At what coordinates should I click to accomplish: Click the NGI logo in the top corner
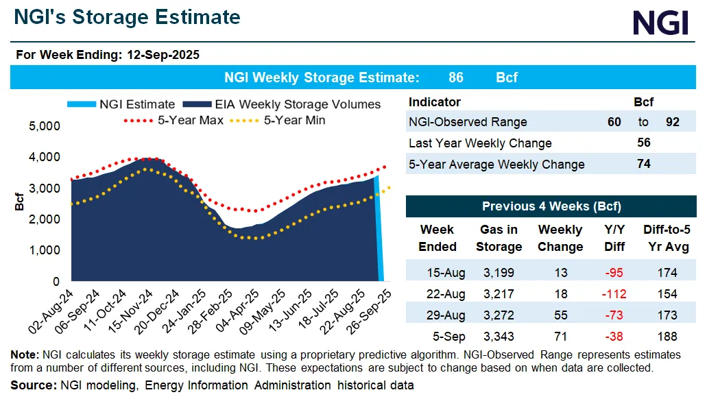pos(659,23)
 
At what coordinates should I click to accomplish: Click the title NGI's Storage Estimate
pos(127,17)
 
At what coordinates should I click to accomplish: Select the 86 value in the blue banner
pos(455,77)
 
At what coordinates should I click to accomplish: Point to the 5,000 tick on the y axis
pos(45,127)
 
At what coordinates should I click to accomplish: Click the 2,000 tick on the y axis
pos(45,219)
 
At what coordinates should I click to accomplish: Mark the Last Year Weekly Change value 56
pos(643,143)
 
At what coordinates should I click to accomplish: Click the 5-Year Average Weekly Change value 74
pos(643,164)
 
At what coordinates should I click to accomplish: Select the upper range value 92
pos(673,122)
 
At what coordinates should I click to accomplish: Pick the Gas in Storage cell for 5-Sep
pos(499,336)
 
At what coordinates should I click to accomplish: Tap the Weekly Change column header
pos(560,238)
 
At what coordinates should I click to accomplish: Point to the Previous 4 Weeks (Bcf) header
pos(551,206)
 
